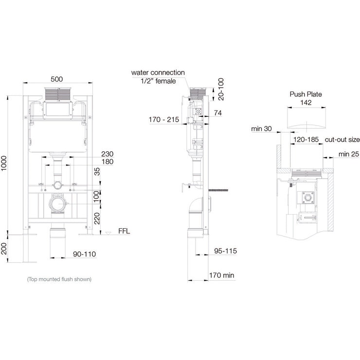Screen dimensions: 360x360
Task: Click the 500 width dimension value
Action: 57,79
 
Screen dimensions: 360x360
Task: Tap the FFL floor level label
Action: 125,232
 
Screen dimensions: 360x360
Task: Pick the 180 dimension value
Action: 108,162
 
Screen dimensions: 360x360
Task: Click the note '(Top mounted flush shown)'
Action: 59,279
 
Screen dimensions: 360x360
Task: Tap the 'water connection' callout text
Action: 158,72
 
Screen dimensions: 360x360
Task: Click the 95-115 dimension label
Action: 225,251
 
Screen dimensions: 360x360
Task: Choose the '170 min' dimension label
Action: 221,275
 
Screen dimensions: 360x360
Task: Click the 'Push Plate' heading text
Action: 306,94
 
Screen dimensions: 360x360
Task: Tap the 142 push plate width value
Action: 306,103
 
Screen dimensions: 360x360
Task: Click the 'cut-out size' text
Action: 341,139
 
